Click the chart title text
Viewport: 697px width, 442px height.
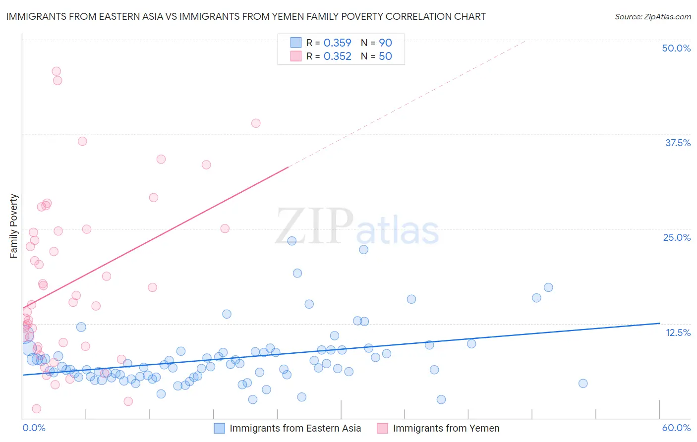coord(246,16)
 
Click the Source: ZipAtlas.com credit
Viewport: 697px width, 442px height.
coord(652,16)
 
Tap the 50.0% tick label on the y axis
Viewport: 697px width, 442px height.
coord(676,48)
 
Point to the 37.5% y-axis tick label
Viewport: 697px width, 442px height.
coord(678,143)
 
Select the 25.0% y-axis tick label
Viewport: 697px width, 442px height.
coord(677,237)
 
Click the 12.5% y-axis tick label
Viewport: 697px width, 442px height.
coord(678,332)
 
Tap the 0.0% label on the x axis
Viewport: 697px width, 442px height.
coord(34,428)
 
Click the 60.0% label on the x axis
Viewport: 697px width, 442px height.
coord(676,428)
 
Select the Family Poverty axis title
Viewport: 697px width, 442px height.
coord(14,226)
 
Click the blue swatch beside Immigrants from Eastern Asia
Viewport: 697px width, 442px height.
coord(219,428)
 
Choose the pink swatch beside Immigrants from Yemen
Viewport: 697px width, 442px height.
coord(382,428)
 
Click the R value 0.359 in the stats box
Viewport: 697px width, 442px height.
coord(337,43)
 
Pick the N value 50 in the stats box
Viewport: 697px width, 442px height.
coord(385,56)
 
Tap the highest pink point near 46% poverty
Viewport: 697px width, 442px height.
coord(57,71)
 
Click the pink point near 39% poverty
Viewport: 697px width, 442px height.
coord(256,123)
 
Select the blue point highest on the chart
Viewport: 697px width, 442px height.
coord(292,241)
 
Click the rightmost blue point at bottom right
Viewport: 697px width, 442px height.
coord(583,384)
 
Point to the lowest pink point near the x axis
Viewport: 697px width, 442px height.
coord(36,409)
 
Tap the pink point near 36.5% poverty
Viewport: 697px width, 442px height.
coord(82,141)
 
